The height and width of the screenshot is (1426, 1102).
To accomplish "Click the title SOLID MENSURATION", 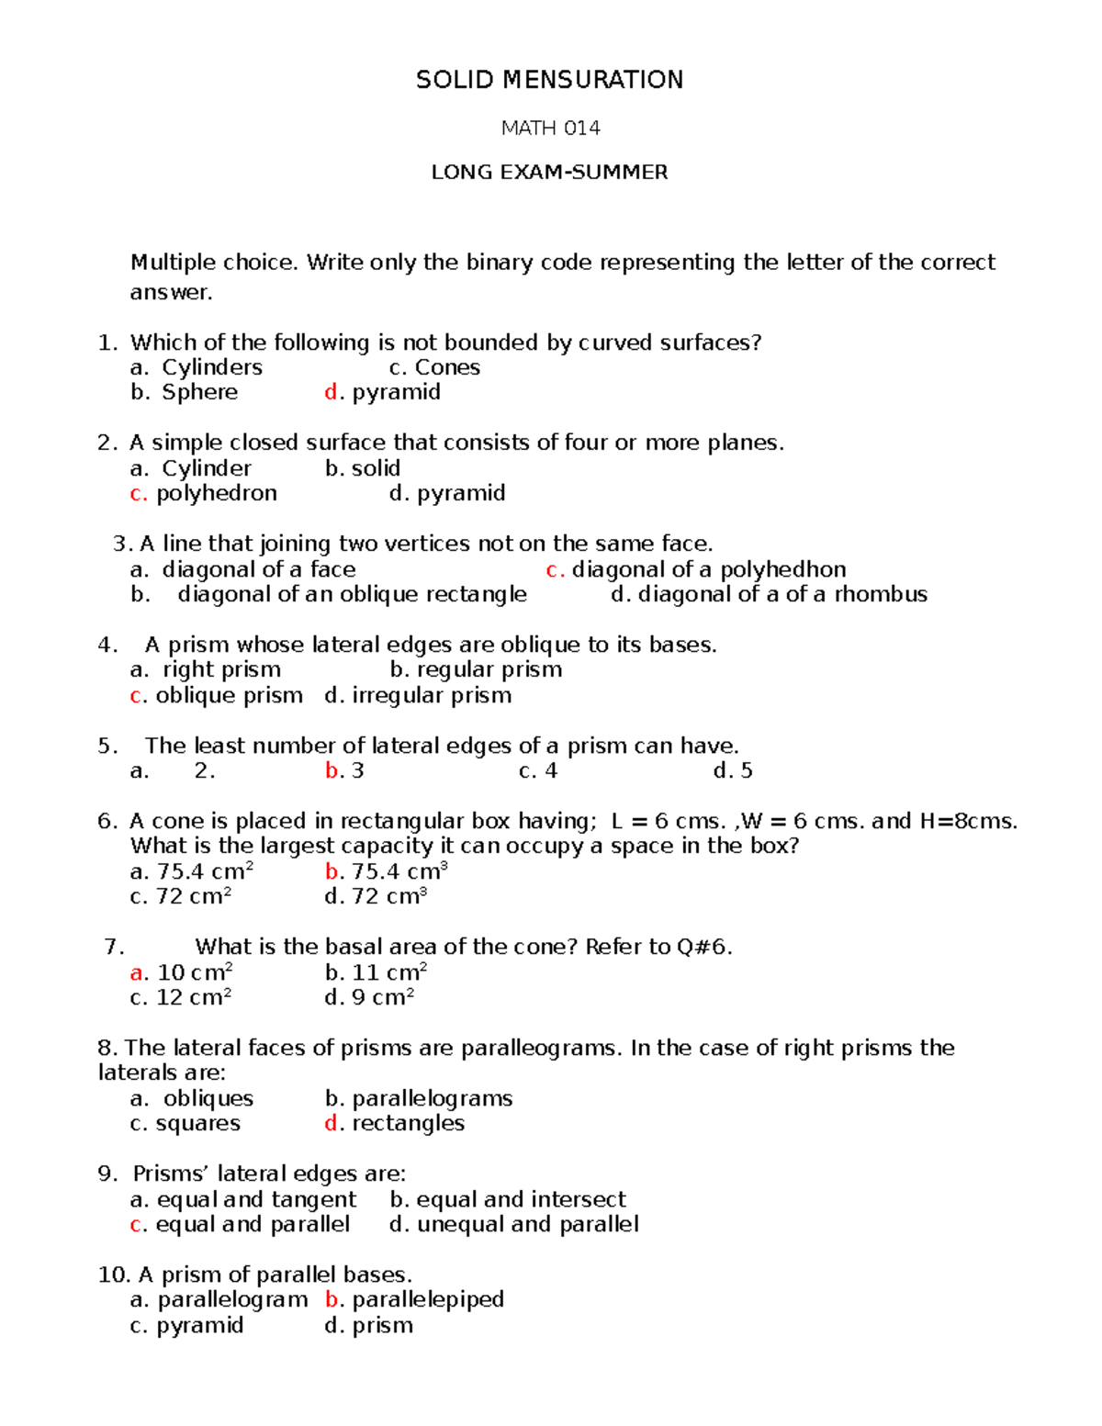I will coord(549,80).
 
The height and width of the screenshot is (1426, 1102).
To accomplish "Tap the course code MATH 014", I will coord(550,129).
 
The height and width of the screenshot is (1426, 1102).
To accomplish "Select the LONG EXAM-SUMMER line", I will coord(549,172).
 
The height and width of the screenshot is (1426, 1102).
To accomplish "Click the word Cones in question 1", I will coord(447,367).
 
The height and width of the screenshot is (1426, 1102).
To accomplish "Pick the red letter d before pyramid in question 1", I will coord(332,392).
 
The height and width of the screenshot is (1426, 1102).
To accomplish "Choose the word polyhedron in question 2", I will coord(217,493).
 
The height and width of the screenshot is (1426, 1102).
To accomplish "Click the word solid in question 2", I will coord(377,468).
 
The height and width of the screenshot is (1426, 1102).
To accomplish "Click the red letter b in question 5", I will coord(332,770).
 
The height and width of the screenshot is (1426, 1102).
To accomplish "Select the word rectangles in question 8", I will coord(409,1123).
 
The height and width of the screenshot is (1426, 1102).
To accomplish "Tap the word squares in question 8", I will coord(198,1123).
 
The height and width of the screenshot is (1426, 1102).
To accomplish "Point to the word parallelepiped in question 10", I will coord(428,1299).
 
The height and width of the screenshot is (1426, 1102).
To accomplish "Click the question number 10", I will coord(114,1274).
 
